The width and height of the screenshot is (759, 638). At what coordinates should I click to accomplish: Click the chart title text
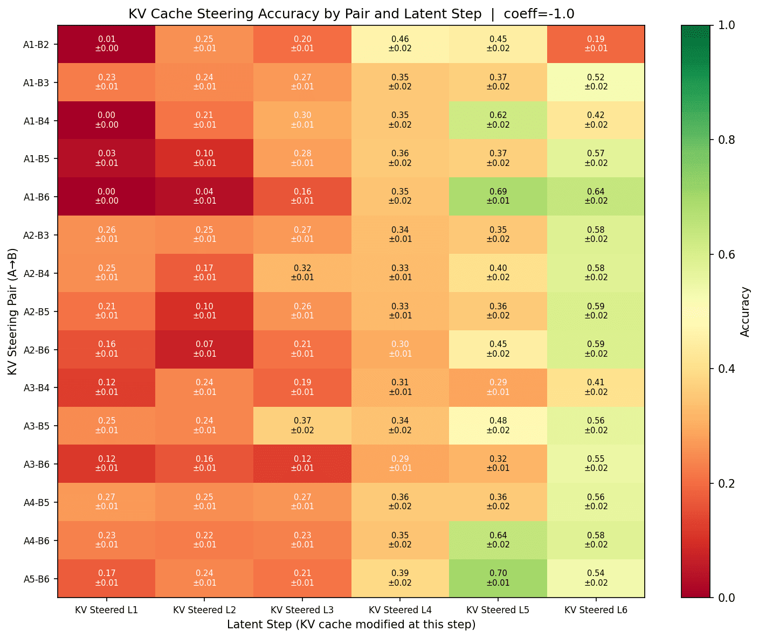point(351,14)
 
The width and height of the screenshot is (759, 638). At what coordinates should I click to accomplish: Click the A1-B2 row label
point(37,45)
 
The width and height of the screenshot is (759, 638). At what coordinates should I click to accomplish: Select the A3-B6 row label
point(37,464)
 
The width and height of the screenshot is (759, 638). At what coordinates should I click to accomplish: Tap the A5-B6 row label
point(37,579)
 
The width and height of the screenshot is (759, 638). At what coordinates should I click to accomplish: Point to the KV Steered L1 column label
point(107,610)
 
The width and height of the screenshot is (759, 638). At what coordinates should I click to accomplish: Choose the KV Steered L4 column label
point(400,610)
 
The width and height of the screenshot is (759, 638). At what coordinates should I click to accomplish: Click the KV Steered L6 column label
point(596,610)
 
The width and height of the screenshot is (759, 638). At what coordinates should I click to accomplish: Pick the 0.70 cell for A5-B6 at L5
point(498,578)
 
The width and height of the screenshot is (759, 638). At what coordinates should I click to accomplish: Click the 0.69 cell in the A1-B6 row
point(498,196)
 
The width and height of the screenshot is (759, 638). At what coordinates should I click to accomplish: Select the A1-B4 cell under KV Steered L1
point(107,120)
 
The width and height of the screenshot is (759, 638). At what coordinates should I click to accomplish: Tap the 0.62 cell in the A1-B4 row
point(498,120)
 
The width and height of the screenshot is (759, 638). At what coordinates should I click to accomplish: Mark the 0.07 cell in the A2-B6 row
point(204,349)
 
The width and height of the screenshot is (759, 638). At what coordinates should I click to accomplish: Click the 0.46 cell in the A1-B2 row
point(400,44)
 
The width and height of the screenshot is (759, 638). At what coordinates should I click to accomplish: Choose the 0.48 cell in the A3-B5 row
point(498,426)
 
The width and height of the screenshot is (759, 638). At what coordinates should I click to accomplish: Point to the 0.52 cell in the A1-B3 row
point(596,82)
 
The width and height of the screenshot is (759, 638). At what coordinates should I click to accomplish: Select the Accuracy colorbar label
point(745,311)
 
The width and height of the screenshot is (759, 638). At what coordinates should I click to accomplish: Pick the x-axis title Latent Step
point(351,625)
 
